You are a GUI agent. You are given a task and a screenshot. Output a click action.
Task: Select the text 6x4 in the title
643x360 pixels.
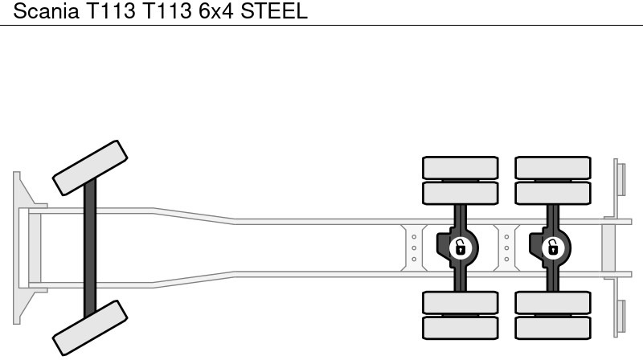pyautogui.click(x=212, y=12)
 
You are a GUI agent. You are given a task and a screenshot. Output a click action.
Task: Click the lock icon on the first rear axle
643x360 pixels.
pyautogui.click(x=461, y=247)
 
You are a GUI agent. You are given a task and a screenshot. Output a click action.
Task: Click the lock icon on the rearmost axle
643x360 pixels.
pyautogui.click(x=552, y=247)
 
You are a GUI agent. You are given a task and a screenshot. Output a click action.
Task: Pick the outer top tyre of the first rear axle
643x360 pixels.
pyautogui.click(x=461, y=167)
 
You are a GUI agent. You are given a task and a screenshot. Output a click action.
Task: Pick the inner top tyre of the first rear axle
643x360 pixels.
pyautogui.click(x=461, y=193)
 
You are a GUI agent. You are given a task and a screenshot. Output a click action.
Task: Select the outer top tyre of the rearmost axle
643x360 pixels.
pyautogui.click(x=553, y=167)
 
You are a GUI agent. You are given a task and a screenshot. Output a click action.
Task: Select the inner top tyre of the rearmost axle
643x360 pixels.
pyautogui.click(x=553, y=193)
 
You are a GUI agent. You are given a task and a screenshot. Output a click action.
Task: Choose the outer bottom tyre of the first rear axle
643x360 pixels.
pyautogui.click(x=461, y=327)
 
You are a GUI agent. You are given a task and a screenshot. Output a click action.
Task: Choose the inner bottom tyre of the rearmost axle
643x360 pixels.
pyautogui.click(x=553, y=302)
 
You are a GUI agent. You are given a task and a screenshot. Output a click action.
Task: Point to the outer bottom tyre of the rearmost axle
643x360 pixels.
pyautogui.click(x=553, y=327)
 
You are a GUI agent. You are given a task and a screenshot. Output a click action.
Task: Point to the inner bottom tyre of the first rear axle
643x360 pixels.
pyautogui.click(x=461, y=302)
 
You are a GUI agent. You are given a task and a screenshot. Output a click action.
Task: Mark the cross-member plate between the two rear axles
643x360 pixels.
pyautogui.click(x=506, y=247)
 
